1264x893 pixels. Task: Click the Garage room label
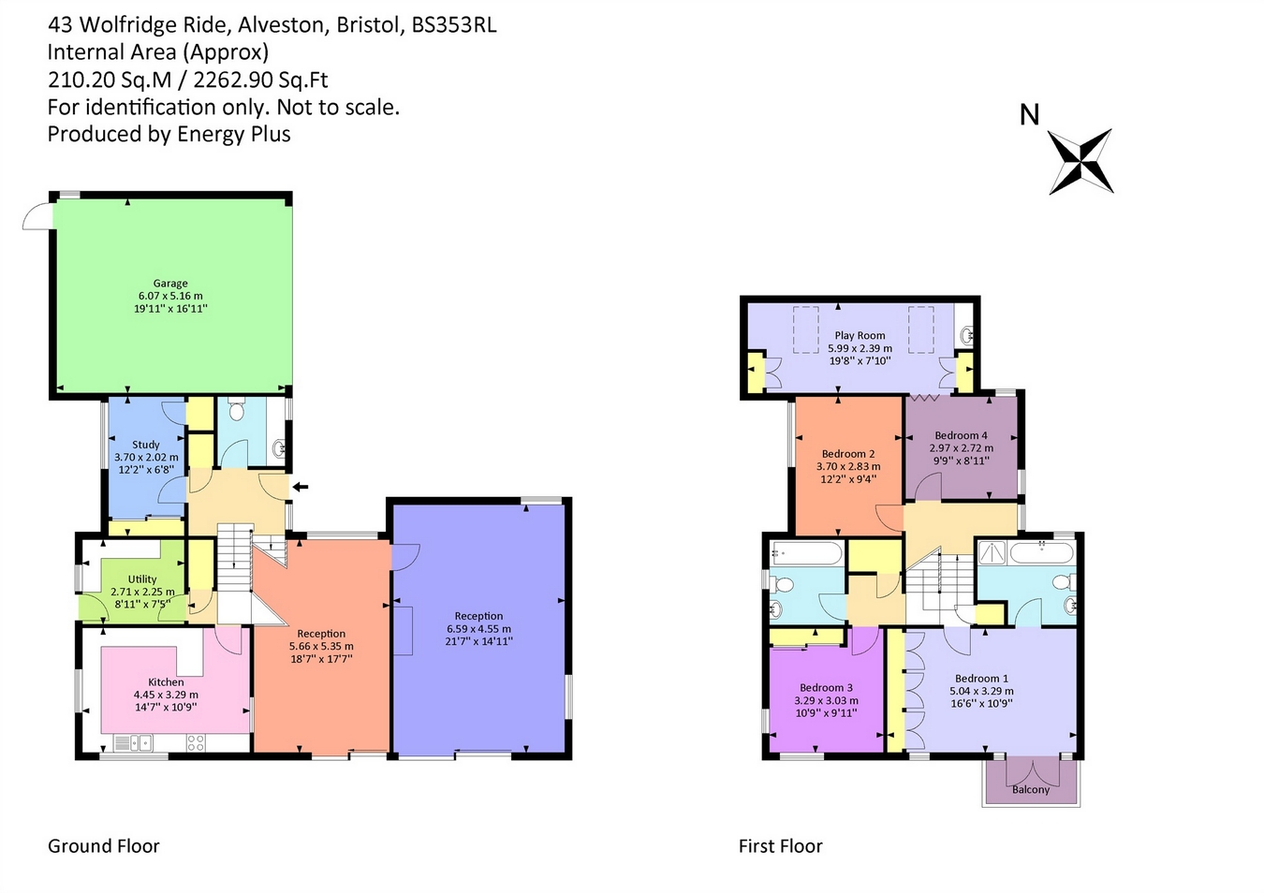[170, 284]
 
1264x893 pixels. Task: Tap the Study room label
[146, 445]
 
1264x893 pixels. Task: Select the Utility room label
[142, 579]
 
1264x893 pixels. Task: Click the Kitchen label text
[166, 682]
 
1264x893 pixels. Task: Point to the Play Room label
[860, 335]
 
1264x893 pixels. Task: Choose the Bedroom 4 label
[961, 435]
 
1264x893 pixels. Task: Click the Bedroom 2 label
[848, 454]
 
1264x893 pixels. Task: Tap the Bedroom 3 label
[826, 687]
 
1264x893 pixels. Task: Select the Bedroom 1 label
[981, 679]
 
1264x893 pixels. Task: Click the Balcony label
[1031, 790]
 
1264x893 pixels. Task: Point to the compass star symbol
[1080, 162]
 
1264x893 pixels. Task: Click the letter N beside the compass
[1029, 115]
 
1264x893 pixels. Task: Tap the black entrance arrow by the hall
[300, 487]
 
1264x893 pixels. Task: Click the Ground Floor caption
[104, 846]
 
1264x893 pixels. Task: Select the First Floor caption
[780, 846]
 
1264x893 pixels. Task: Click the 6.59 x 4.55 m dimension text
[478, 629]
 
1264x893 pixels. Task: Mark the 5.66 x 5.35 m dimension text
[321, 646]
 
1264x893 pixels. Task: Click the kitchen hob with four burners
[196, 743]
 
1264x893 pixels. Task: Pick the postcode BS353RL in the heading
[454, 25]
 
